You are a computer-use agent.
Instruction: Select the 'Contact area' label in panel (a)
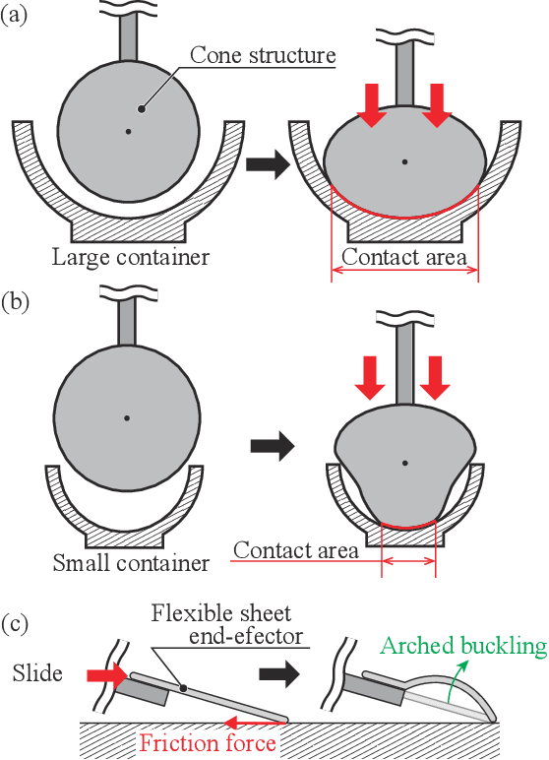[x=404, y=259]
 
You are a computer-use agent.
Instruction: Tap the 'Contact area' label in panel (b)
[x=295, y=549]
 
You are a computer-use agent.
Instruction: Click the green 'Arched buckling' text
[x=463, y=646]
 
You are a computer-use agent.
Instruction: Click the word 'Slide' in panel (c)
[x=37, y=674]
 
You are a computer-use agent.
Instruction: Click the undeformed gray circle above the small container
[x=126, y=417]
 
